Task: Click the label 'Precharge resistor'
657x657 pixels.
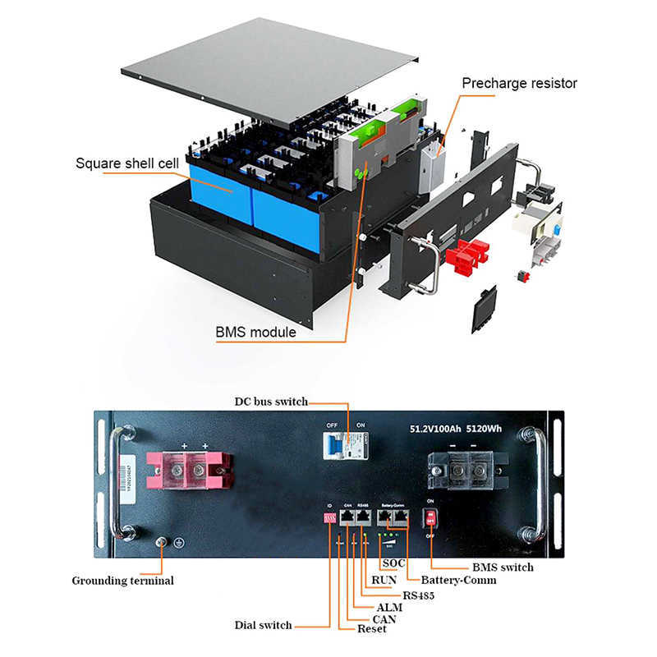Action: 519,83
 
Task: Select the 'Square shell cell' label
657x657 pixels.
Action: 126,163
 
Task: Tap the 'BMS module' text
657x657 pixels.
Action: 255,333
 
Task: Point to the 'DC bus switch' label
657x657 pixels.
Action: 270,402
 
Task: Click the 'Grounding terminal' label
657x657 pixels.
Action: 122,581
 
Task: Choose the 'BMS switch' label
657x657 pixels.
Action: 503,567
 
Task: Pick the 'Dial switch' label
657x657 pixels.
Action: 263,625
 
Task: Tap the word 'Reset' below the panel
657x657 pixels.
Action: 371,629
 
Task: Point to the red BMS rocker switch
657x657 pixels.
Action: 428,518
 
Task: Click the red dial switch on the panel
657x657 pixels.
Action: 328,517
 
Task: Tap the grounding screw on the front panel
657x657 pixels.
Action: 162,542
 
